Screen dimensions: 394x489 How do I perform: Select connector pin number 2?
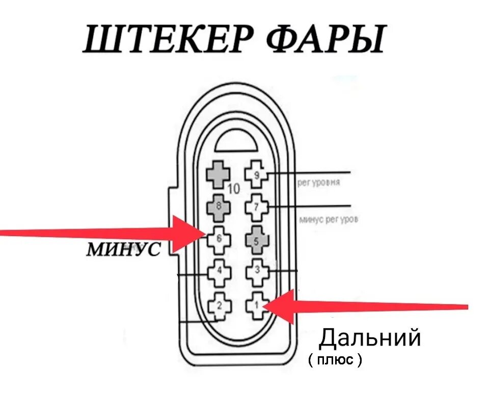point(219,306)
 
